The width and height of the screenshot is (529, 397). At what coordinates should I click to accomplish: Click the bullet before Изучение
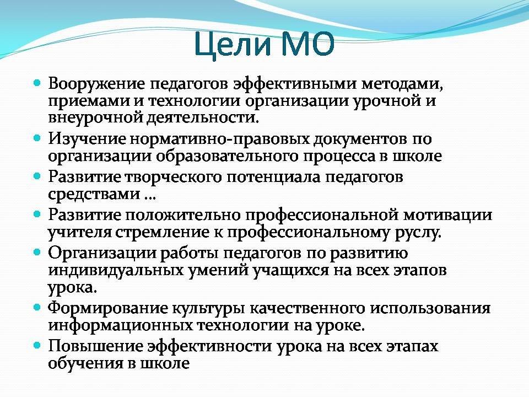pyautogui.click(x=37, y=138)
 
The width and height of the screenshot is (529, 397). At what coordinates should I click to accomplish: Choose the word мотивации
pyautogui.click(x=448, y=215)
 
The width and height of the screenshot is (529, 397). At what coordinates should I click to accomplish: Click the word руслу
pyautogui.click(x=418, y=233)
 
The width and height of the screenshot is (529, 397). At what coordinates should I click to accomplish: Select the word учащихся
pyautogui.click(x=291, y=271)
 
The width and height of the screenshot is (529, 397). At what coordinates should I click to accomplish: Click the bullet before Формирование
pyautogui.click(x=37, y=307)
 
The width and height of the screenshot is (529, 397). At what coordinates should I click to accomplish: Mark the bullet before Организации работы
pyautogui.click(x=37, y=252)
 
